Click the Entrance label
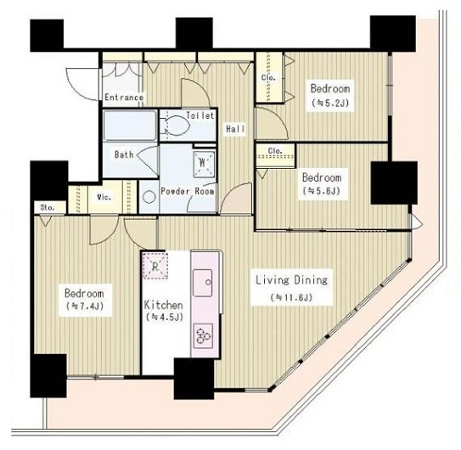coord(124,97)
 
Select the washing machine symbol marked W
coord(203,164)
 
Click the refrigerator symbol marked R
coord(155,266)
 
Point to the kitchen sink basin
coord(203,283)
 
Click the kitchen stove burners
coord(203,336)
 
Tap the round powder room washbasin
coord(149,197)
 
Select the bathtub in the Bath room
coord(130,126)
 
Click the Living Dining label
coord(291,279)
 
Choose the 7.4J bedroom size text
coord(85,307)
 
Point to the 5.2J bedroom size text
coord(330,103)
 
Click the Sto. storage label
coord(48,208)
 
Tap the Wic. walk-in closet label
coord(104,197)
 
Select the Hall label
coord(235,128)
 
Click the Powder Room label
coord(188,191)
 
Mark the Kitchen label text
coord(163,305)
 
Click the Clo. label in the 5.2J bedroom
coord(268,77)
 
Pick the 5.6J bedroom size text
coord(322,191)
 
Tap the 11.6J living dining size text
coord(291,298)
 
